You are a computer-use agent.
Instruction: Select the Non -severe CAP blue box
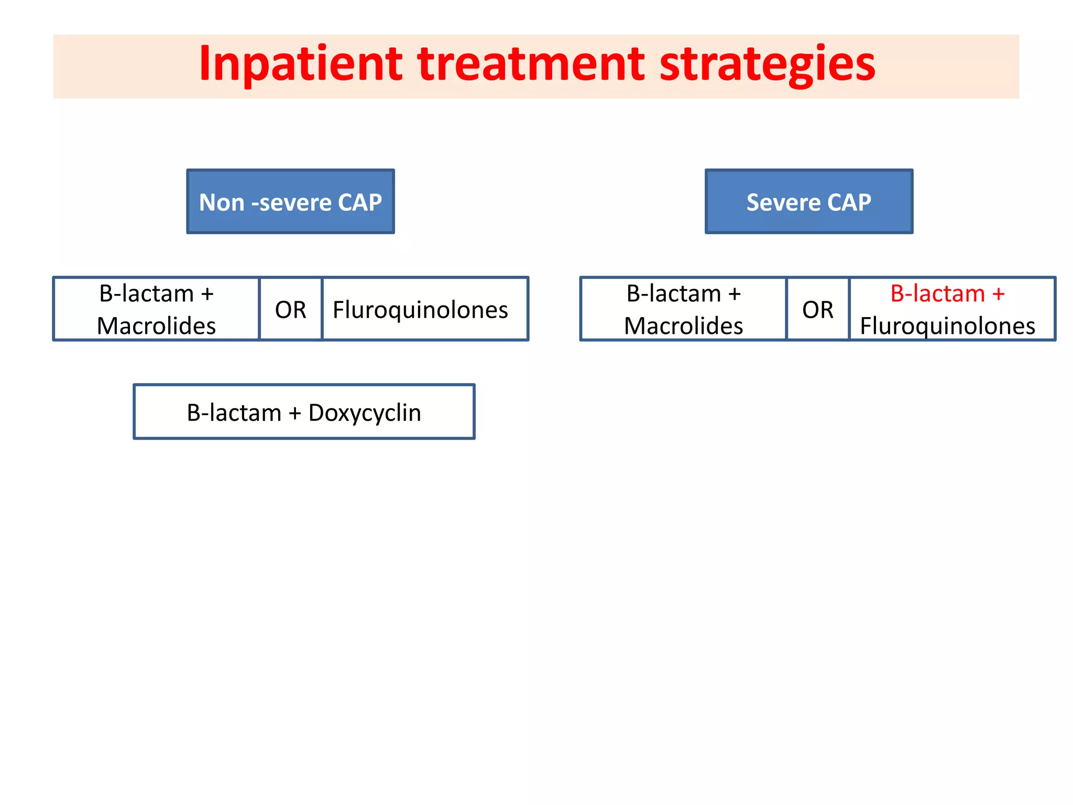tap(290, 202)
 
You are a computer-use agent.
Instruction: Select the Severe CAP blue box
tap(808, 202)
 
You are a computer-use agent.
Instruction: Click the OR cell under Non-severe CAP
tap(290, 310)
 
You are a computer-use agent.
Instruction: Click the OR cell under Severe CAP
tap(817, 310)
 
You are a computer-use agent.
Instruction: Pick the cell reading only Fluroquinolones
tap(420, 310)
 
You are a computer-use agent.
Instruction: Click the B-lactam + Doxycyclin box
tap(304, 412)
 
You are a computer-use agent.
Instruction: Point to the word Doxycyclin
tap(365, 413)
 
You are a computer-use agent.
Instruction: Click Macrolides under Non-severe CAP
tap(156, 326)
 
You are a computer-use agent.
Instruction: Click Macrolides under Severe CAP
tap(683, 326)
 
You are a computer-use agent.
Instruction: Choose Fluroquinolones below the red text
tap(947, 326)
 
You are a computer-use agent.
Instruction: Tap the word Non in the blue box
tap(222, 202)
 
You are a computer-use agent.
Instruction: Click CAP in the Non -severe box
tap(359, 202)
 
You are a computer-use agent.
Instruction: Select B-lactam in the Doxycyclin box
tap(234, 413)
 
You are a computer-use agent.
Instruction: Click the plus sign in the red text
tap(998, 294)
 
